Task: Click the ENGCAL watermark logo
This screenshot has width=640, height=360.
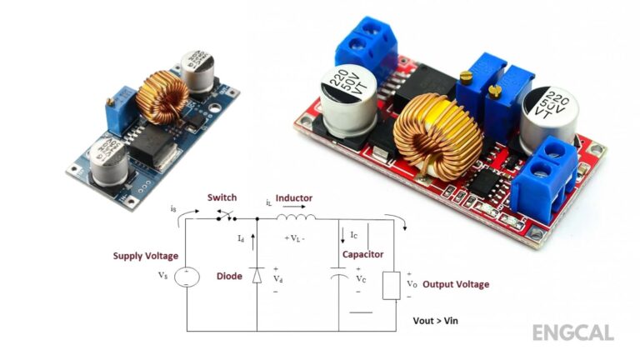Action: coord(572,332)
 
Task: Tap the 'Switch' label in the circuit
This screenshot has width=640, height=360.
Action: coord(222,197)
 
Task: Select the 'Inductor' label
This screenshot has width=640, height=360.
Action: coord(294,197)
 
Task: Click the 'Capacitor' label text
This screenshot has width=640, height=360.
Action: coord(362,254)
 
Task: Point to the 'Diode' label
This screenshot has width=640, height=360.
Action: coord(229,276)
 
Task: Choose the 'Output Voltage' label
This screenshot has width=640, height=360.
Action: coord(456,284)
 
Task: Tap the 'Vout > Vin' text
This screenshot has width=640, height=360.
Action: coord(435,321)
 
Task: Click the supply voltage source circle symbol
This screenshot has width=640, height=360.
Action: coord(186,276)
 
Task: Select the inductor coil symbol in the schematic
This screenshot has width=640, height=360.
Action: coord(297,219)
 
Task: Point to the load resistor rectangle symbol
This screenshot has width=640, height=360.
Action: coord(390,284)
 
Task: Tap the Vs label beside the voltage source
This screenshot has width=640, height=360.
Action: coord(162,274)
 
